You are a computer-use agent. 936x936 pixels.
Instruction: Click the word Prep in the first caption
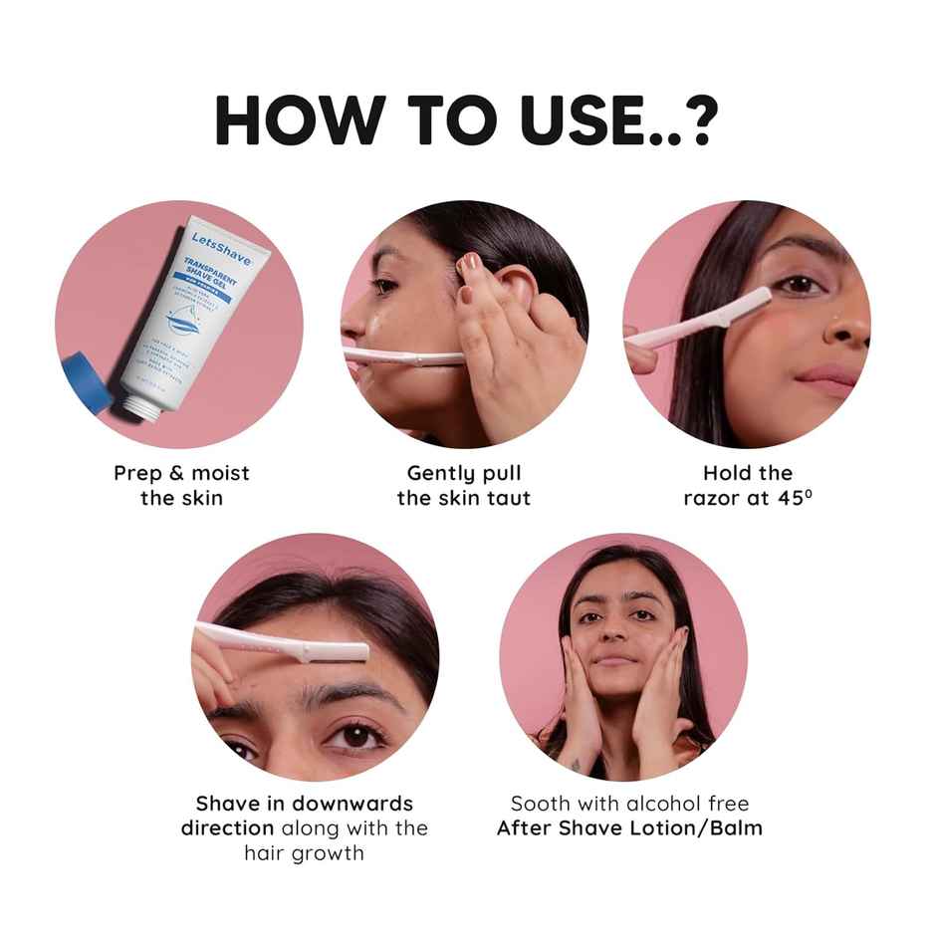(x=138, y=473)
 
